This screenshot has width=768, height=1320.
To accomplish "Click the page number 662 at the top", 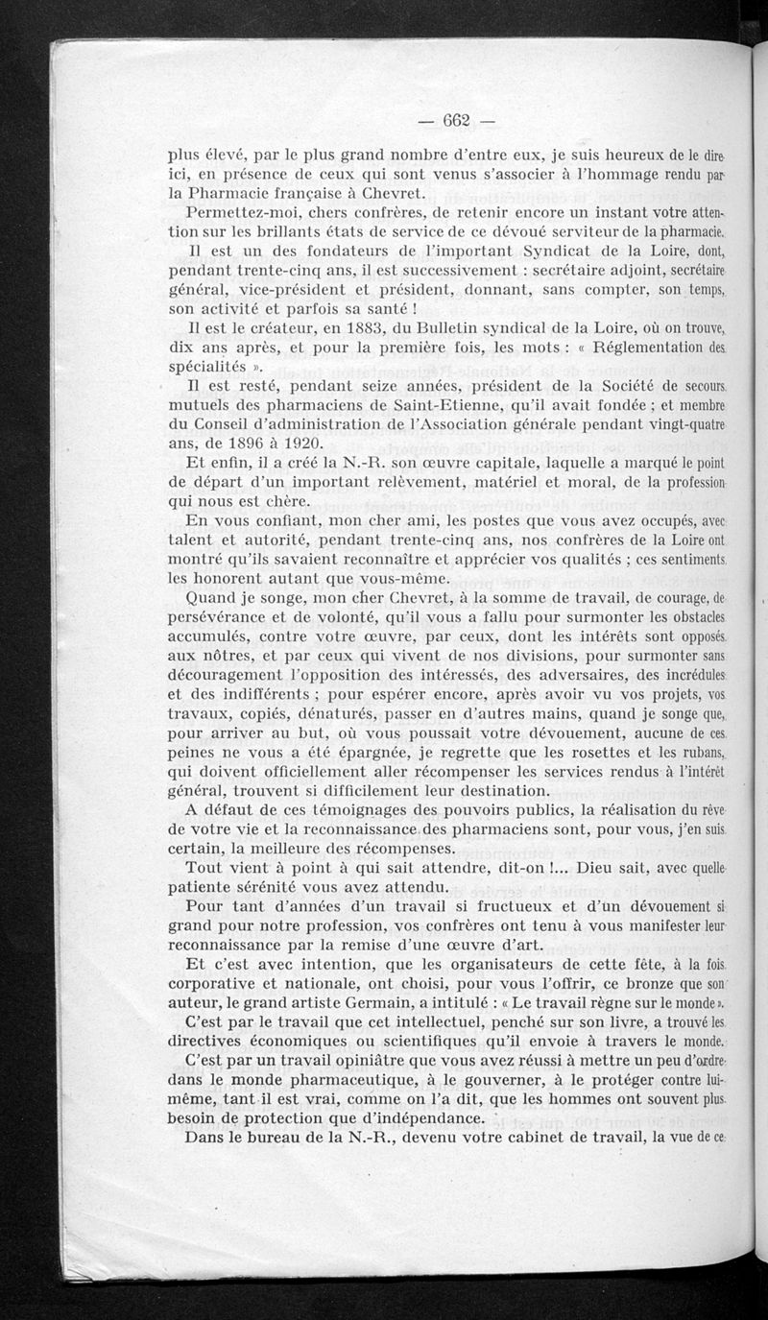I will point(456,120).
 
